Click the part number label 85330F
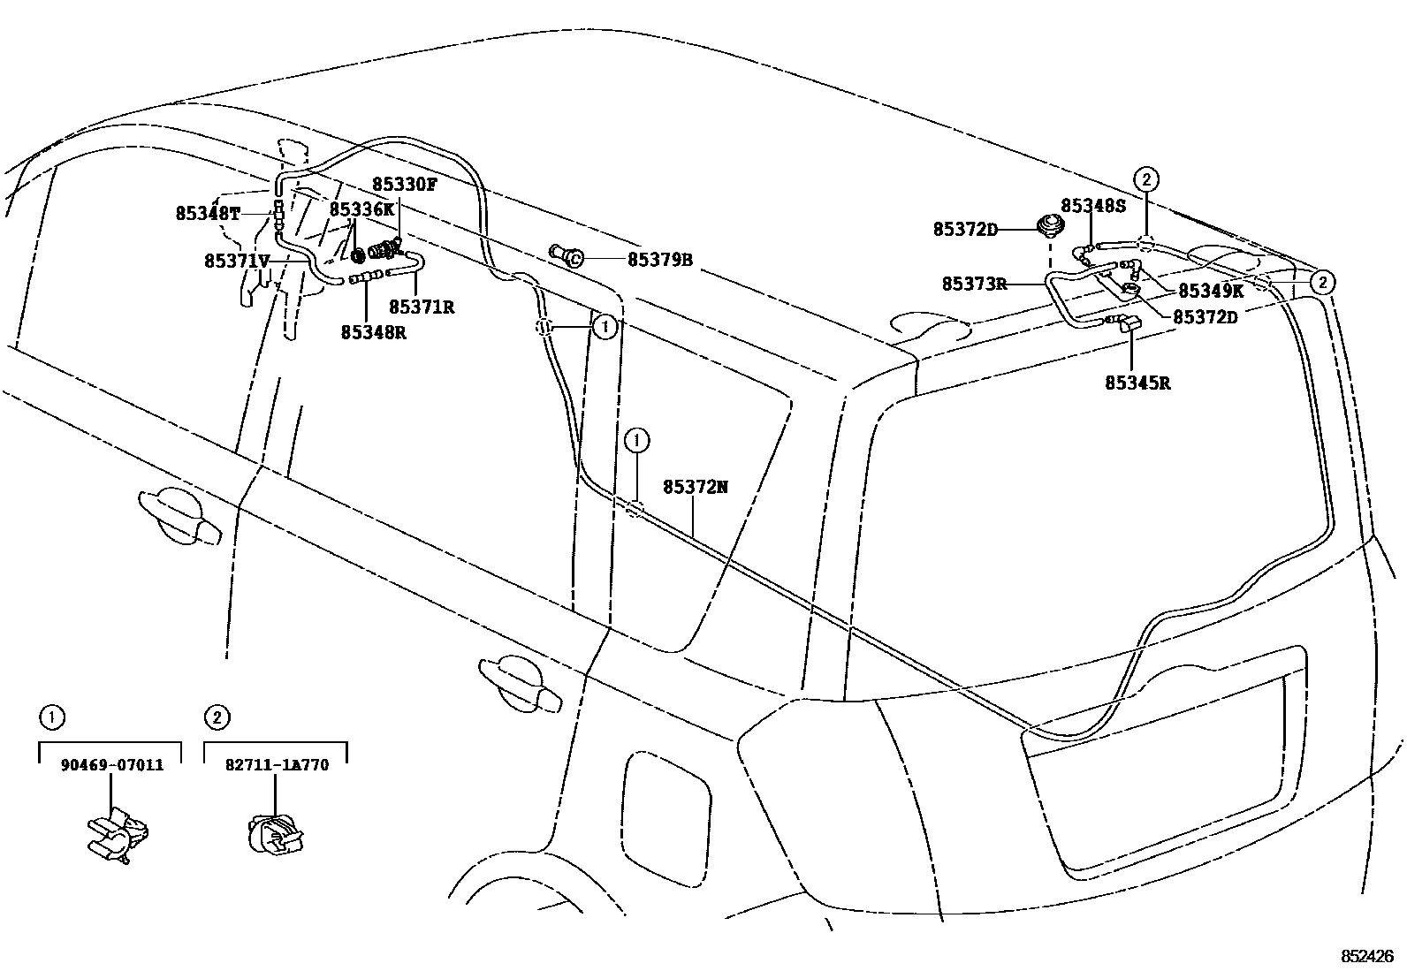coord(404,184)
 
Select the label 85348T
coord(208,214)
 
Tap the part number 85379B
coord(659,260)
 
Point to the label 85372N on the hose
coord(696,487)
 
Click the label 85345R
coord(1137,383)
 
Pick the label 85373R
coord(974,284)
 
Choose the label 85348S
coord(1093,206)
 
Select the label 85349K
coord(1210,291)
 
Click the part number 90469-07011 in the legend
coord(111,765)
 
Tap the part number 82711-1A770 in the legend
coord(276,765)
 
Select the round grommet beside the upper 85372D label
coord(1050,225)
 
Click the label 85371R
coord(422,307)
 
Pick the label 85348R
coord(373,333)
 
